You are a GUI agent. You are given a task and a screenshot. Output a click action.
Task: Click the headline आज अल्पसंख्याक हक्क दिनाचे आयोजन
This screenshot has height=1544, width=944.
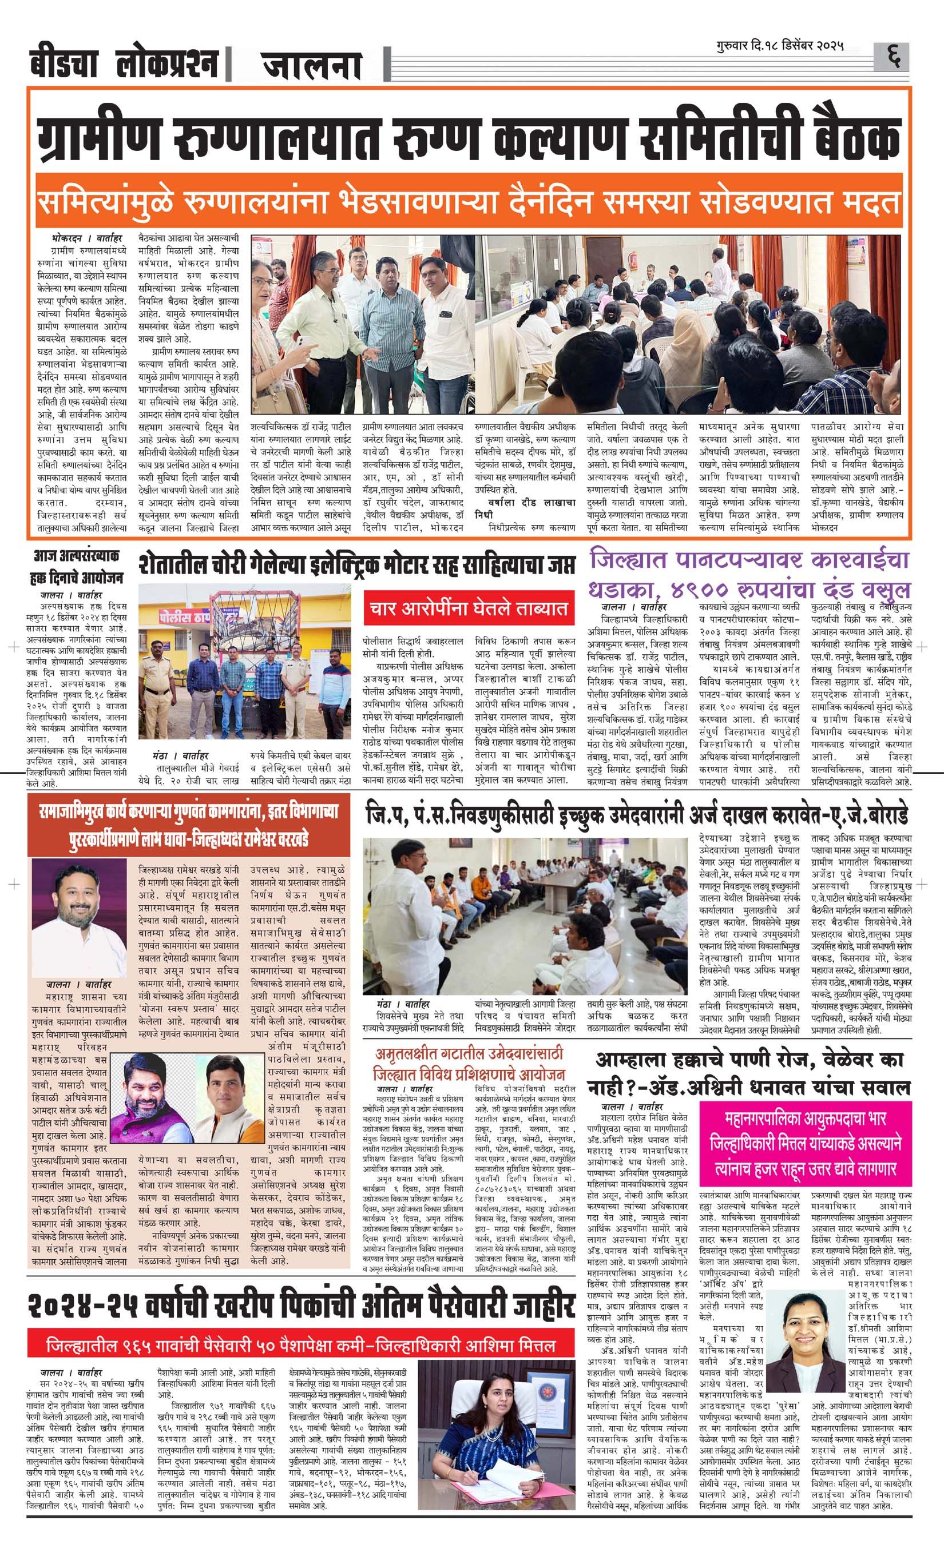(x=78, y=567)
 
